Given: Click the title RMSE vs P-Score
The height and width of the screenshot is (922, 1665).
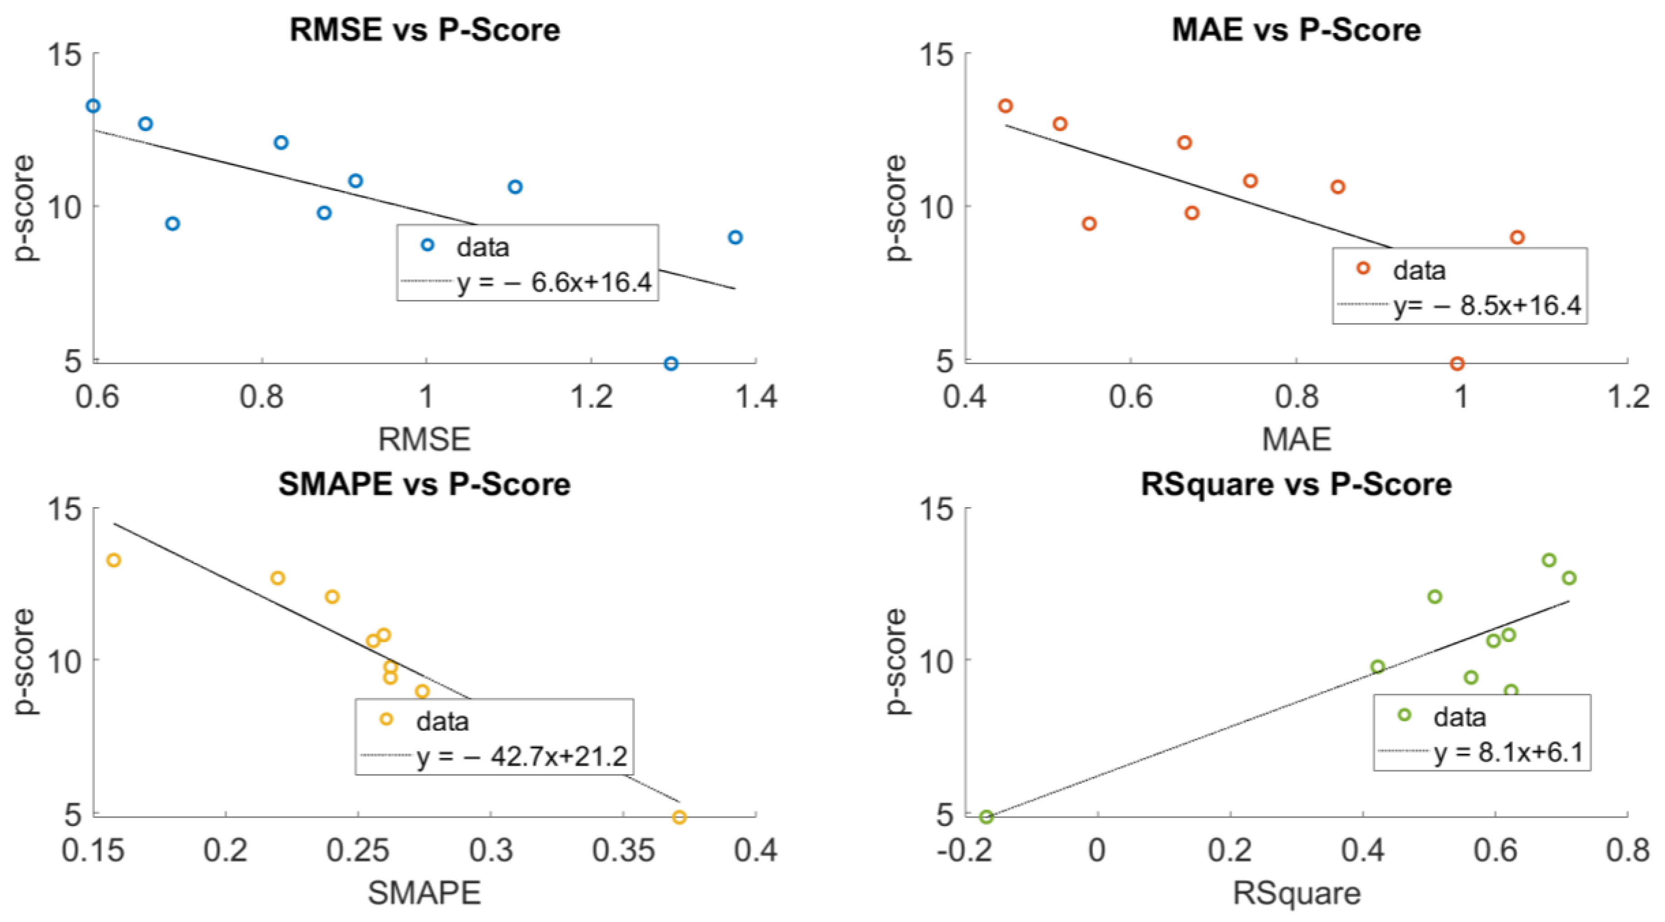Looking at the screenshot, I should tap(425, 30).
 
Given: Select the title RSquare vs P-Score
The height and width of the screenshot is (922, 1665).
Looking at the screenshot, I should tap(1296, 484).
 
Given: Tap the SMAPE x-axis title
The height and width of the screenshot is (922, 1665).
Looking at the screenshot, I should tap(425, 893).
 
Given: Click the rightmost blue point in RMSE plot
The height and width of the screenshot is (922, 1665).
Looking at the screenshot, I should tap(735, 237).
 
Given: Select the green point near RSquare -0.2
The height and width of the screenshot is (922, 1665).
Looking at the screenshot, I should tap(986, 817).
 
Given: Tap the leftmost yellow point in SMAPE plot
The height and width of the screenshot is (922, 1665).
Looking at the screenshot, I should tap(114, 560).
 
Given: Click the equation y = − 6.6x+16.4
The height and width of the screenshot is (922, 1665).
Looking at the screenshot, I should tap(554, 282).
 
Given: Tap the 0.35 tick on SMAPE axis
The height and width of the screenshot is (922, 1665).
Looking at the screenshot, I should tap(623, 851).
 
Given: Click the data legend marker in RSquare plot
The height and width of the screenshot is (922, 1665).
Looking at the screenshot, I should tap(1404, 715).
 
